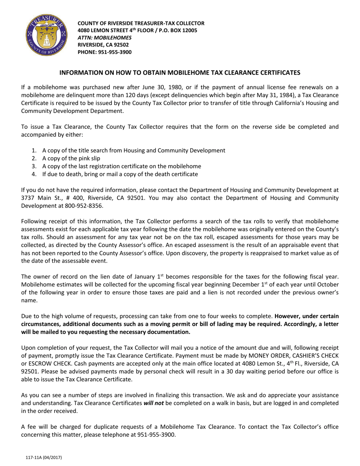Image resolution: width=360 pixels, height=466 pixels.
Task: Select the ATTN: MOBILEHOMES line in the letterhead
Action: [x=105, y=38]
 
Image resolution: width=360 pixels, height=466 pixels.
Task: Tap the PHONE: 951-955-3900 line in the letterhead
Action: [x=105, y=52]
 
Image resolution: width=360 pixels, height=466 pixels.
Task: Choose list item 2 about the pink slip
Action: [x=71, y=158]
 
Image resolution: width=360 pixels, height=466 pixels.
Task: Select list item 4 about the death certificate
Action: [x=120, y=174]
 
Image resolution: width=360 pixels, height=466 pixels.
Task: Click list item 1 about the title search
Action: [x=133, y=150]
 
